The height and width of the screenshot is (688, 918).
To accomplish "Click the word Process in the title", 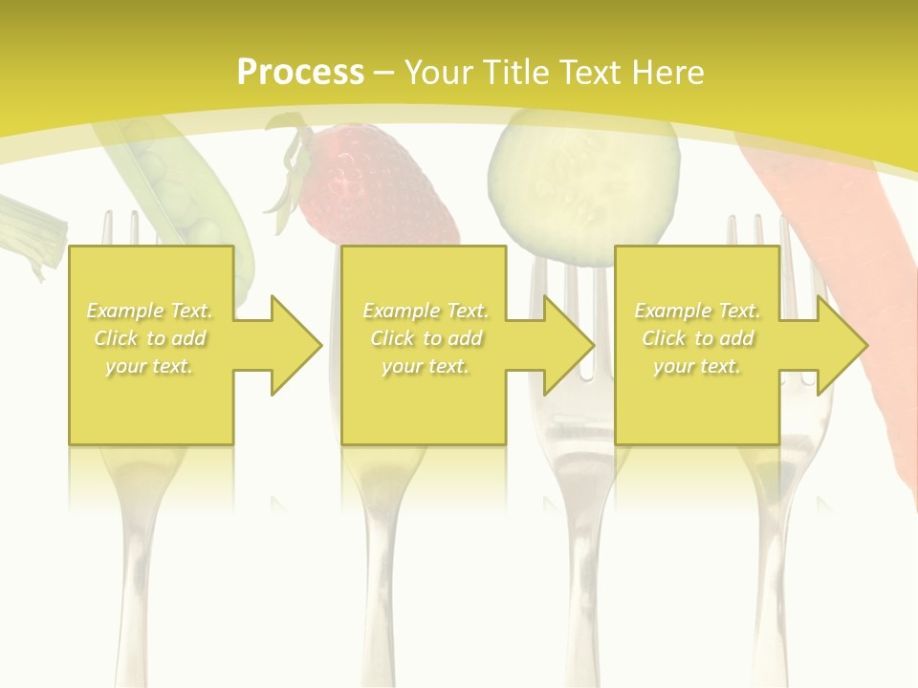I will click(300, 72).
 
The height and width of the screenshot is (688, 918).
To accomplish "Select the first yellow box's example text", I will click(149, 338).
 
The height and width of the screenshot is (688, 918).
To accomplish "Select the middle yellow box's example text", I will click(425, 338).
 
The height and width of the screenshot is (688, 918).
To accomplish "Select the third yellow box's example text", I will click(696, 338).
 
